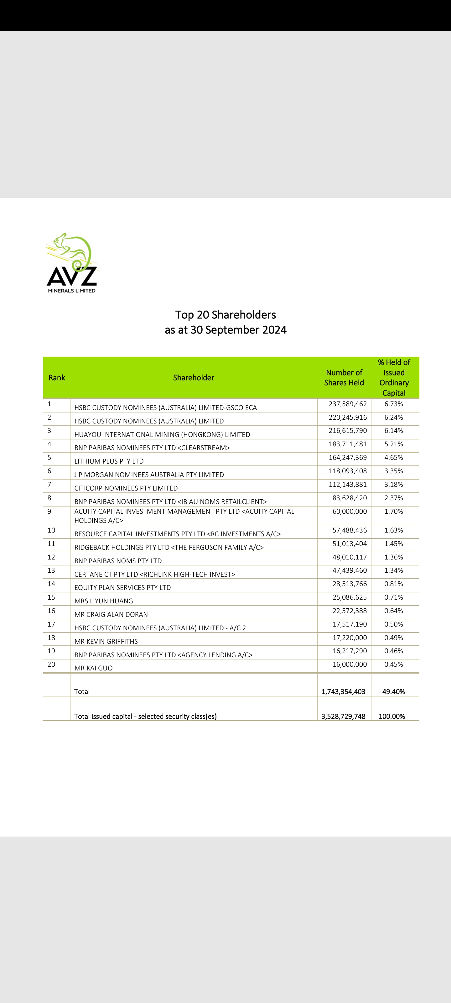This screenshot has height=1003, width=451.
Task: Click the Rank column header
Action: click(57, 378)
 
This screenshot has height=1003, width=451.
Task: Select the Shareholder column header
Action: click(193, 378)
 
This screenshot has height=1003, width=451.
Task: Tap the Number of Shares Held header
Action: click(344, 378)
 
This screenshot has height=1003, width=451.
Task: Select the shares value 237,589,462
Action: click(348, 404)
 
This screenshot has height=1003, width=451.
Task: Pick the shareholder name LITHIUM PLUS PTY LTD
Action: click(109, 461)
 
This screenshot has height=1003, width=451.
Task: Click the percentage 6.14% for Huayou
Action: click(393, 431)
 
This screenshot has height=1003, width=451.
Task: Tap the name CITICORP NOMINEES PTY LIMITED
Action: click(126, 488)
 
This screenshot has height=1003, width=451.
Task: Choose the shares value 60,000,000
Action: click(350, 511)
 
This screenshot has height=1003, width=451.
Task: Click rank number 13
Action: click(51, 570)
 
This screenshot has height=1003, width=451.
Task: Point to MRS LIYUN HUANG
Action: click(103, 601)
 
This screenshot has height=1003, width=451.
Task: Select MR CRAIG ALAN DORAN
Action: click(111, 614)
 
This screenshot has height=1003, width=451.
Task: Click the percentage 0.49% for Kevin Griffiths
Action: click(393, 638)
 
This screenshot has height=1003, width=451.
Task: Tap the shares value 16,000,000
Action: click(350, 664)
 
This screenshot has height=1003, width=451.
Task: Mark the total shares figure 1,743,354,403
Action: click(343, 691)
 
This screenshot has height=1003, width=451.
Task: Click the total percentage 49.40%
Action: click(393, 691)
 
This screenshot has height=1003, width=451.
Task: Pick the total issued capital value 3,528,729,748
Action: click(343, 717)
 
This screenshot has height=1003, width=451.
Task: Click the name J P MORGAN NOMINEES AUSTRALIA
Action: click(149, 475)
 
